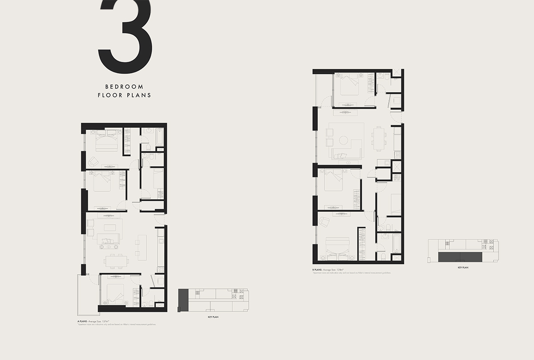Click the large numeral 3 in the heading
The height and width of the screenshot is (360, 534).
click(x=126, y=36)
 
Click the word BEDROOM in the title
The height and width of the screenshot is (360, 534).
click(x=124, y=86)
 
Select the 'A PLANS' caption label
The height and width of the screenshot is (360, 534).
click(x=83, y=321)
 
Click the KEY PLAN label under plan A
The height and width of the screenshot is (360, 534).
click(x=213, y=317)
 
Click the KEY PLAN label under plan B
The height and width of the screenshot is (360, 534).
click(x=463, y=268)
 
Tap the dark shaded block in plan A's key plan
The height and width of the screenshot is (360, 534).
click(x=182, y=300)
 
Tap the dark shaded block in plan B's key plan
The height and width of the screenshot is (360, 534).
click(x=460, y=257)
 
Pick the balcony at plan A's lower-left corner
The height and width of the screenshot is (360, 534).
click(x=88, y=294)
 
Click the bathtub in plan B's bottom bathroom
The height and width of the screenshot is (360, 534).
click(x=396, y=243)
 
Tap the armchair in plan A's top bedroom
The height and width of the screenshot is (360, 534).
click(x=93, y=162)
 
